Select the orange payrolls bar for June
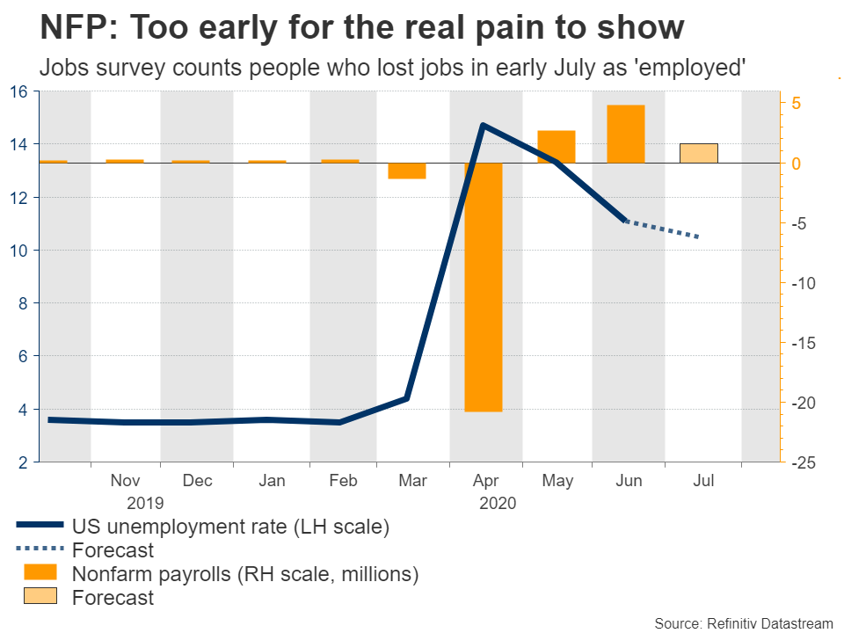pyautogui.click(x=626, y=134)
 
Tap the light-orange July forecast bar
pyautogui.click(x=698, y=153)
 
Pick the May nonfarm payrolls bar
pyautogui.click(x=557, y=147)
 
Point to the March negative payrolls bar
pyautogui.click(x=407, y=171)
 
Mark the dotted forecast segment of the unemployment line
pyautogui.click(x=661, y=229)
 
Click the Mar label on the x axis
pyautogui.click(x=412, y=481)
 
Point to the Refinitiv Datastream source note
pyautogui.click(x=743, y=622)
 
